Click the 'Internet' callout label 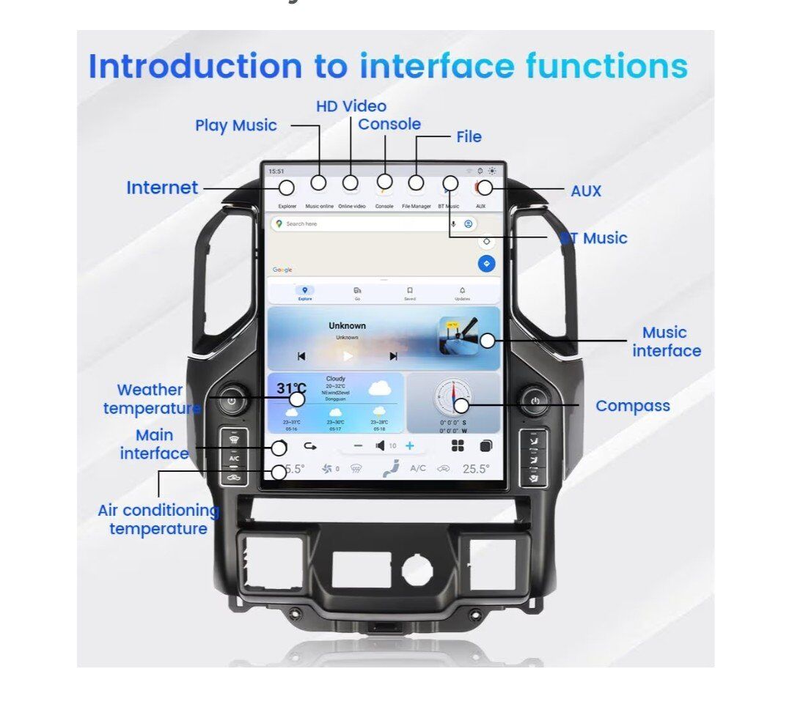pos(162,188)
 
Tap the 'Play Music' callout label pos(235,125)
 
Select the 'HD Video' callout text pos(351,106)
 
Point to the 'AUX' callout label pos(585,191)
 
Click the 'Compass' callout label pos(632,406)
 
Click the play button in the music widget pos(348,356)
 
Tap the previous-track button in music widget pos(301,356)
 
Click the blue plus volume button pos(410,446)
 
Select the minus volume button pos(358,446)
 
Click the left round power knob pos(232,401)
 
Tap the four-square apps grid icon pos(458,446)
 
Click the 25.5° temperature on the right pos(475,469)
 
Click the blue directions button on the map pos(486,264)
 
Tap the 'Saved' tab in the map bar pos(409,294)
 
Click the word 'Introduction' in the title pos(195,67)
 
